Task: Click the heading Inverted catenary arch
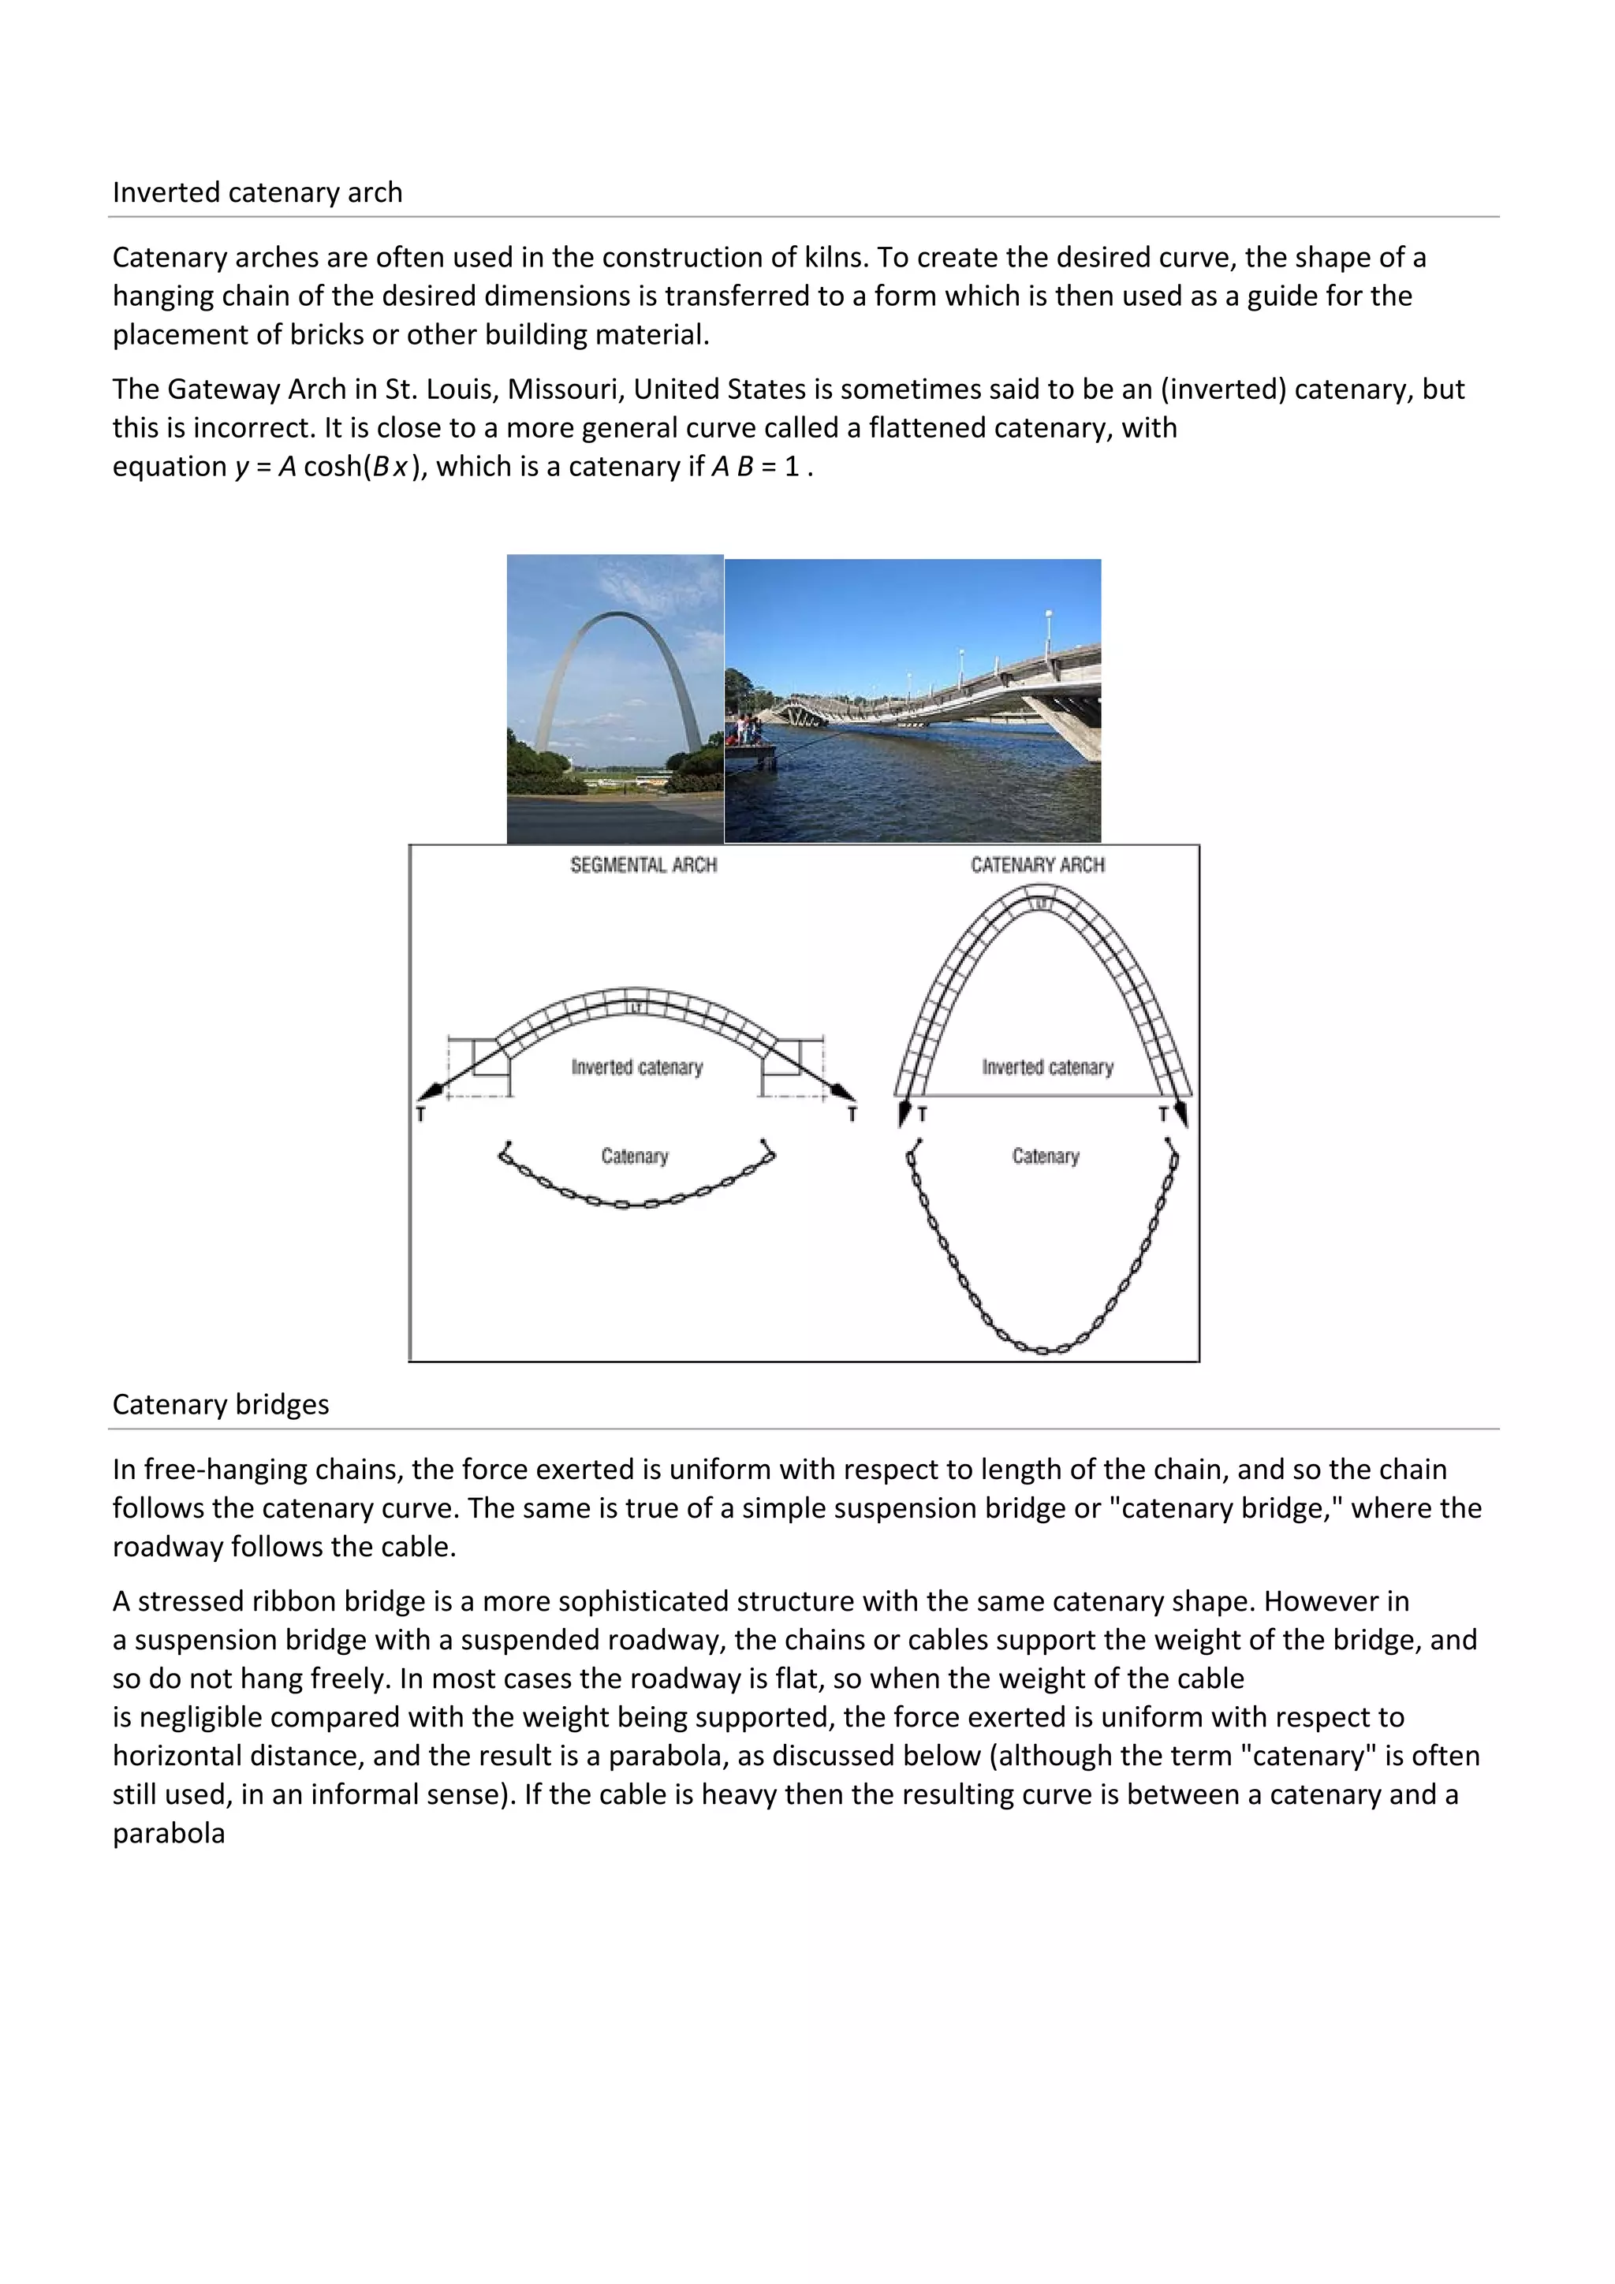257,192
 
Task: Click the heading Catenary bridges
220,1403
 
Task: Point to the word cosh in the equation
331,467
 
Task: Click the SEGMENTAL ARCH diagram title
643,864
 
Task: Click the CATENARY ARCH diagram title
1037,864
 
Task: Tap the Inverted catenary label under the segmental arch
637,1067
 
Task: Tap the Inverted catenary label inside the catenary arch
1046,1067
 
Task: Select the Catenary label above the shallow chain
634,1156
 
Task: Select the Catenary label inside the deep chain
1045,1156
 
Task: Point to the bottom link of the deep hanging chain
1042,1350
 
